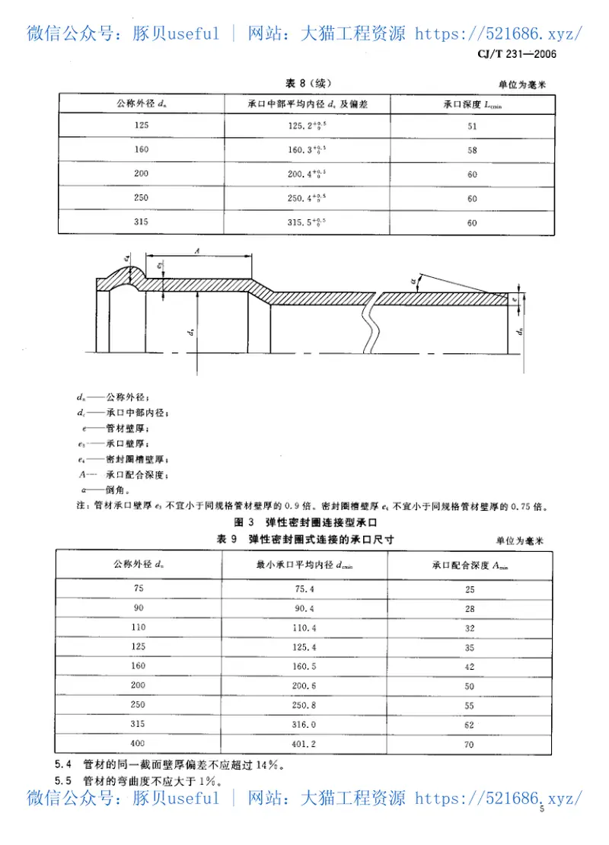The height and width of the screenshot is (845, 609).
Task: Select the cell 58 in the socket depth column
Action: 473,150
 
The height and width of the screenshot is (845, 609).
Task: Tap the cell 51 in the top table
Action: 473,126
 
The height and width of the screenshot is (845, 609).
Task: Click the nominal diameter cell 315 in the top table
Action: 142,222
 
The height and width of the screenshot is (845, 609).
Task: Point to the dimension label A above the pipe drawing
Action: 197,249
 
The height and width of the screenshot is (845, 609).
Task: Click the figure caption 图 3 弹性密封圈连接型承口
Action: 308,522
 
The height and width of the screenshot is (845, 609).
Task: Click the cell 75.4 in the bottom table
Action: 304,588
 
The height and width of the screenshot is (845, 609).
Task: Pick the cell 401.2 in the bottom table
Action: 304,743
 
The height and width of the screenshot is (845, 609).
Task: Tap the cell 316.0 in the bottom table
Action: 304,724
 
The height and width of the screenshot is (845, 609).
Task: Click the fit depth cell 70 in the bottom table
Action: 470,744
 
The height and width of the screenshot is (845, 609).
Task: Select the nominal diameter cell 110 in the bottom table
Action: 138,627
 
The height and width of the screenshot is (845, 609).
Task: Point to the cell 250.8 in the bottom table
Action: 304,704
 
